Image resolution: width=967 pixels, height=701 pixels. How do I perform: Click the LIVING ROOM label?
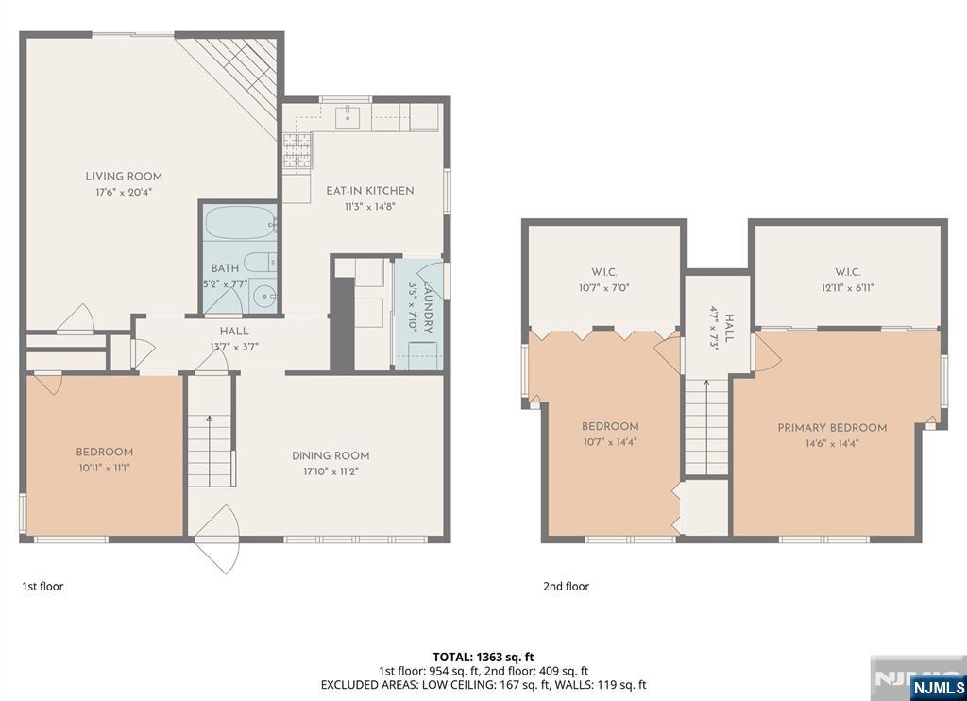click(124, 177)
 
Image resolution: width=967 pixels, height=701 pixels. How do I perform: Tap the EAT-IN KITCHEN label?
click(370, 191)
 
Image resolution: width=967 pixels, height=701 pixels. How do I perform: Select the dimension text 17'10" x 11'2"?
click(331, 471)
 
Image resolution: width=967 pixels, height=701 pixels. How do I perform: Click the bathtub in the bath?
click(240, 223)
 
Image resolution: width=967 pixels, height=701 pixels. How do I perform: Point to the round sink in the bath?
click(265, 297)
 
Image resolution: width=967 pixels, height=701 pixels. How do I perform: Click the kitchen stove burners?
click(297, 150)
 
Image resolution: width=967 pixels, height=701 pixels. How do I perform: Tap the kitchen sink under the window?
click(348, 117)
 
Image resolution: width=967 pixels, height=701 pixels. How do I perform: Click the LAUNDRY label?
click(429, 307)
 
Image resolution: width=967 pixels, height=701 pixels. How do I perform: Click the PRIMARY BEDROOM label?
click(832, 428)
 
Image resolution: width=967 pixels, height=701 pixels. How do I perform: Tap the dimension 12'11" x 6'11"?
click(847, 287)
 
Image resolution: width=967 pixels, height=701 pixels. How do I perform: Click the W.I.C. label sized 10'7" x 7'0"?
click(603, 272)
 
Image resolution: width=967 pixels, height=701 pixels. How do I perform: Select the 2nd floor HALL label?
click(730, 328)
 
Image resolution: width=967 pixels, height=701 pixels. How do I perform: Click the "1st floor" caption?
click(42, 587)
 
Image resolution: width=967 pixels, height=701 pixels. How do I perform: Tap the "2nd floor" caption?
click(567, 587)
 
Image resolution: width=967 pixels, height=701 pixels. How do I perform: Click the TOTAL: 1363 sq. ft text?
click(483, 658)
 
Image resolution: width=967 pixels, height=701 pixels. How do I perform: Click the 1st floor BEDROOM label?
click(104, 452)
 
